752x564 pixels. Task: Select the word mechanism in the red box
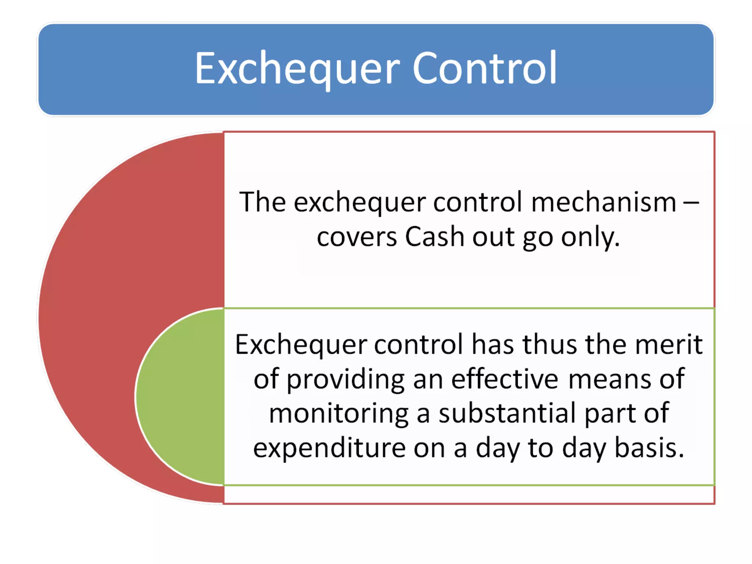(603, 202)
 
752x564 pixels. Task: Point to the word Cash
(435, 237)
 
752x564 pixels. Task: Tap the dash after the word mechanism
(691, 202)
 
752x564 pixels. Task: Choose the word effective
(505, 379)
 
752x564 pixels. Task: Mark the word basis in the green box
(649, 448)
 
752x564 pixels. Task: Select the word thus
(550, 344)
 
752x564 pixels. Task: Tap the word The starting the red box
(262, 202)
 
